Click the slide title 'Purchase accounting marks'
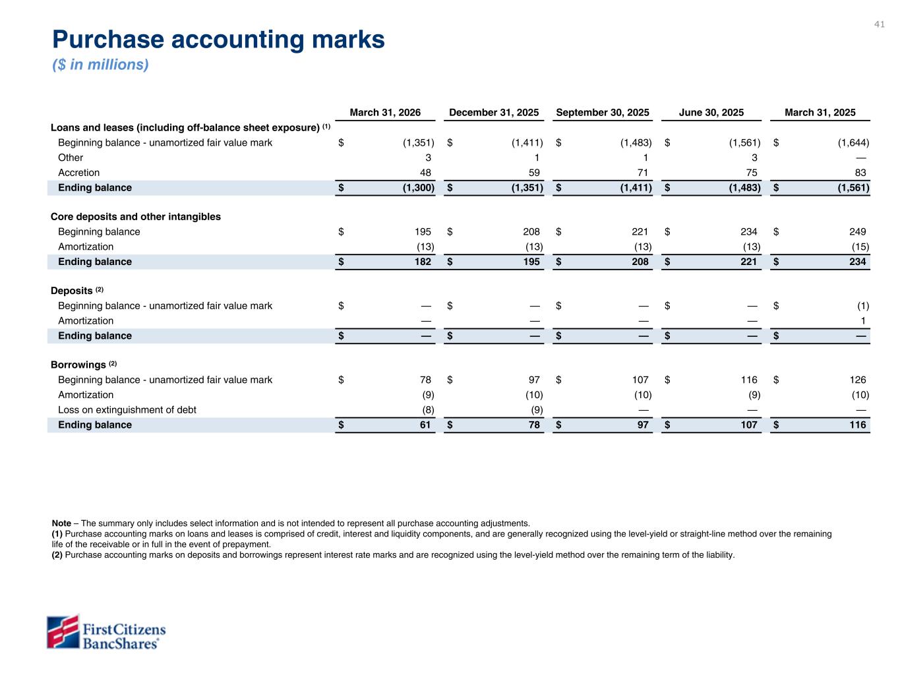click(218, 40)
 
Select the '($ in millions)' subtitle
click(100, 65)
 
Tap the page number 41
click(879, 24)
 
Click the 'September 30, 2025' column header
click(603, 112)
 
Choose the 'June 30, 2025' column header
click(711, 112)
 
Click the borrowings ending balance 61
click(425, 425)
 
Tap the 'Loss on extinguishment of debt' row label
click(127, 410)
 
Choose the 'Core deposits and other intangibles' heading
click(136, 217)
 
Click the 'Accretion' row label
click(79, 173)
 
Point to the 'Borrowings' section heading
click(78, 365)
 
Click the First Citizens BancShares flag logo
click(63, 632)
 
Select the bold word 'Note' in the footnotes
click(61, 523)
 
